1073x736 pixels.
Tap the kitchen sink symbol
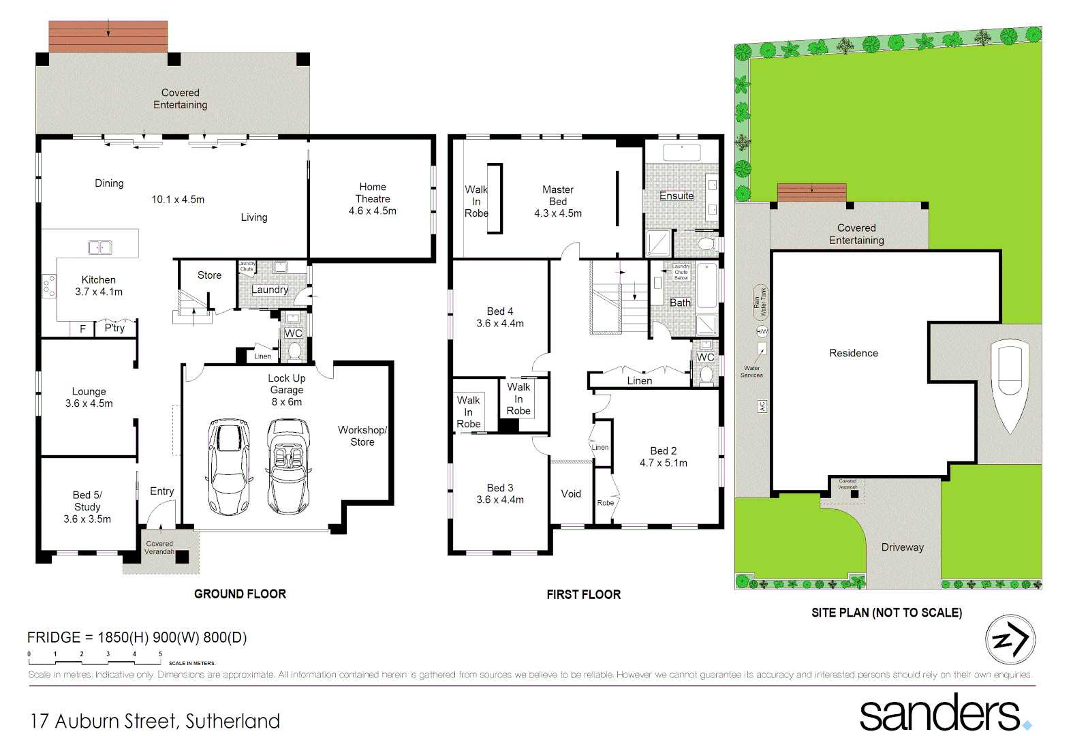(x=99, y=247)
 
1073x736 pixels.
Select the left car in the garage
(x=229, y=466)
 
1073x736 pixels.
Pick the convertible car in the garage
(x=288, y=466)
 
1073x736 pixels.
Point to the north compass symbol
(x=1010, y=639)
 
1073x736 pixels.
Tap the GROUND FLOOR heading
(x=240, y=594)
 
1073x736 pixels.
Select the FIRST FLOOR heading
(x=583, y=594)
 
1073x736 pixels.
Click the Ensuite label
(x=676, y=196)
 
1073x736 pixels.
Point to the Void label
(x=571, y=493)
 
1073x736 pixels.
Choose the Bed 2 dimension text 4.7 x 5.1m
(x=663, y=463)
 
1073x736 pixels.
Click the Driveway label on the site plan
(x=902, y=547)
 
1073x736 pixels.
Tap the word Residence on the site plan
(x=853, y=353)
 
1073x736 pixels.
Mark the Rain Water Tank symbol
(x=760, y=302)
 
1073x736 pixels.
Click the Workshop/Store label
(x=362, y=435)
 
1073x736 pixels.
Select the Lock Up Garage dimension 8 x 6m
(x=287, y=401)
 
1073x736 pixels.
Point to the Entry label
(x=161, y=491)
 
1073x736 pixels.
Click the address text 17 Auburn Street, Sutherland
(x=155, y=720)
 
